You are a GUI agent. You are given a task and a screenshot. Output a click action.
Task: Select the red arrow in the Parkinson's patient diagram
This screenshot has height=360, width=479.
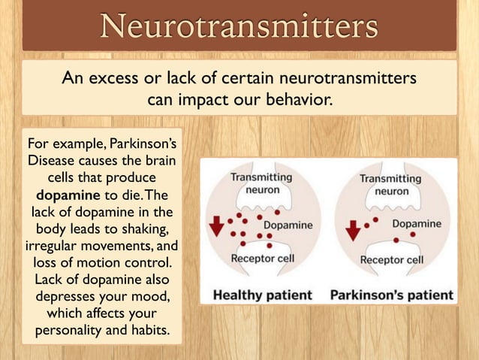(x=353, y=229)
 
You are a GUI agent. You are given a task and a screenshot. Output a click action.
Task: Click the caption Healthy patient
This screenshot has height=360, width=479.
(x=262, y=294)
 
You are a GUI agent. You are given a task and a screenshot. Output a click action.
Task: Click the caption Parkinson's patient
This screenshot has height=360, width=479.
(x=392, y=294)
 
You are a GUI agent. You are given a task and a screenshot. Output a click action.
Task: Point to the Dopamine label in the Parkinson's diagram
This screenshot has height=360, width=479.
(x=417, y=223)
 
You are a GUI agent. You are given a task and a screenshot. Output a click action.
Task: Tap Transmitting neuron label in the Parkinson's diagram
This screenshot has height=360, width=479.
(x=390, y=184)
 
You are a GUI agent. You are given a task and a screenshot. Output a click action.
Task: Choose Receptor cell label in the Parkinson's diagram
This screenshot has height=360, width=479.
(x=392, y=260)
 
